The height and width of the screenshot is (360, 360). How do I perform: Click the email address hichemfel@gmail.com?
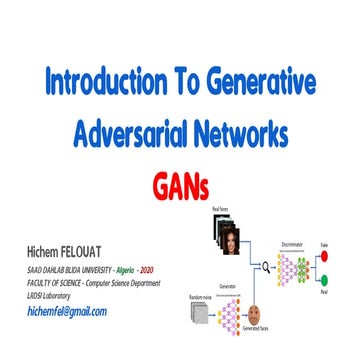pos(65,311)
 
